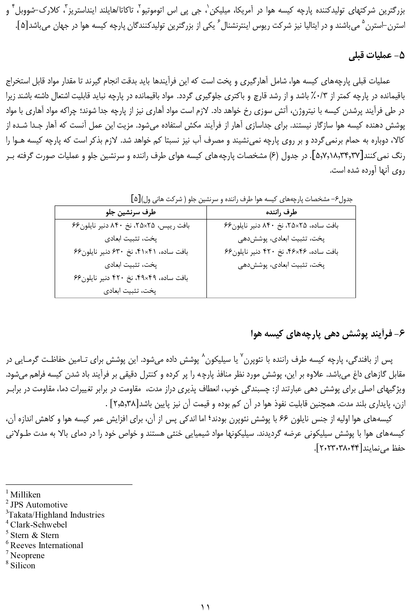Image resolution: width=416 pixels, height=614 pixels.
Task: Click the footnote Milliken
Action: pos(25,495)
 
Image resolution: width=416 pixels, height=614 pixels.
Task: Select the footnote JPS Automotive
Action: pos(39,505)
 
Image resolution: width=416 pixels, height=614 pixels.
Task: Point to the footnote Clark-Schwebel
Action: pos(39,525)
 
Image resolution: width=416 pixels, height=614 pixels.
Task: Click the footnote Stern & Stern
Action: pos(34,535)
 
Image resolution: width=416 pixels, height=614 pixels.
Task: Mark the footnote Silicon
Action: pos(23,565)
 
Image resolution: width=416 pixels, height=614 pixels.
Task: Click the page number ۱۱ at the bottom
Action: pos(205,607)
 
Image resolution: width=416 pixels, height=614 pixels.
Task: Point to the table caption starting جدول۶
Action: pos(242,199)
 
